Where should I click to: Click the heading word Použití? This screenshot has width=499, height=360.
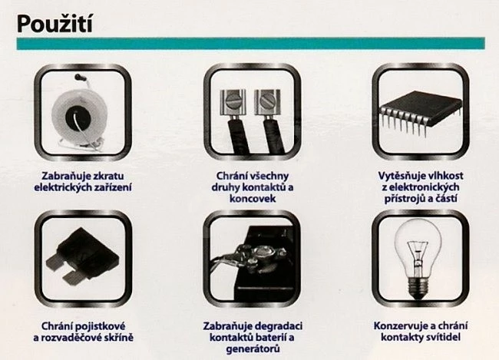click(55, 24)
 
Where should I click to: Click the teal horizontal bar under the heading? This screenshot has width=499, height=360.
click(251, 44)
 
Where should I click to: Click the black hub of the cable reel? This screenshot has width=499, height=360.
click(78, 118)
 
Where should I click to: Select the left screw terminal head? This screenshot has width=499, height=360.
click(233, 102)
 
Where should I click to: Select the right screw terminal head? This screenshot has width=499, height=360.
click(267, 102)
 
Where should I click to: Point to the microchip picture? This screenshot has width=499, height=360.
click(420, 114)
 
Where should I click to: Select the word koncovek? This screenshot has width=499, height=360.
click(252, 199)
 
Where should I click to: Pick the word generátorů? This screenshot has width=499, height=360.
click(253, 348)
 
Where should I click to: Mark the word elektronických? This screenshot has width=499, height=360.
click(425, 187)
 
